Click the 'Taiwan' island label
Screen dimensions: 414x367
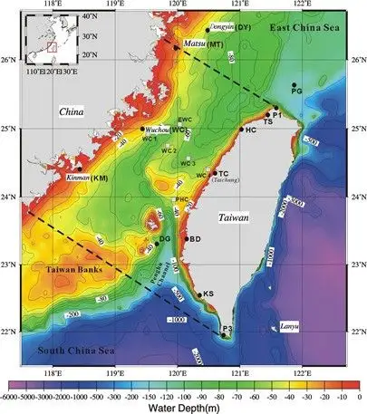(x=237, y=218)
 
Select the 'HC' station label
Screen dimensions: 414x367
(x=251, y=130)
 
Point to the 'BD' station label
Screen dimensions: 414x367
(x=195, y=239)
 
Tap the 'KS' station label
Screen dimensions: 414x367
(x=208, y=294)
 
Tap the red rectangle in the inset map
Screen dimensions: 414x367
(x=52, y=43)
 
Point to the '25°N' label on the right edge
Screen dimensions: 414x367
(x=353, y=128)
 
